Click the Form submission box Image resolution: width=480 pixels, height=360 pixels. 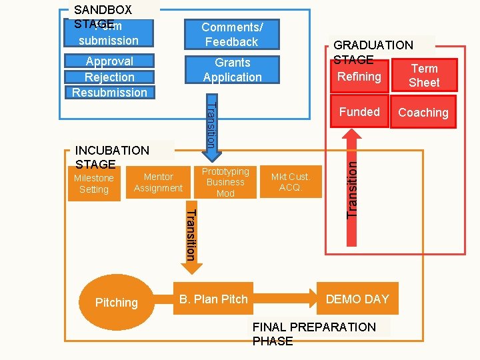click(109, 34)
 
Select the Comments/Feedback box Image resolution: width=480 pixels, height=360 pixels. click(231, 35)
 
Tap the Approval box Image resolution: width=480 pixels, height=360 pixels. click(109, 61)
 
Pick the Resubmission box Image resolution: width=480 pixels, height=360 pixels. click(109, 93)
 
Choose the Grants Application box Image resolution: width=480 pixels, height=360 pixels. click(231, 70)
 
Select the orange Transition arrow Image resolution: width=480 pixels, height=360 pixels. click(190, 233)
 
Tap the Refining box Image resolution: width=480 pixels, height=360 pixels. click(359, 77)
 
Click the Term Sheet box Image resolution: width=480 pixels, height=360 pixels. click(424, 76)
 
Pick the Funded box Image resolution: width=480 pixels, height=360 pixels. click(359, 112)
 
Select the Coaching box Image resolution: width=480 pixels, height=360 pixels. click(423, 113)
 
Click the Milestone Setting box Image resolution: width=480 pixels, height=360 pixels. click(94, 184)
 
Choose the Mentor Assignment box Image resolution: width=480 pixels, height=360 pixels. click(158, 183)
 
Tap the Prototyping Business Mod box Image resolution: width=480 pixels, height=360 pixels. click(225, 182)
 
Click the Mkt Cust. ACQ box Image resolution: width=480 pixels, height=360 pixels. click(290, 182)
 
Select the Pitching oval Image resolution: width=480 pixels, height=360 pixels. click(116, 302)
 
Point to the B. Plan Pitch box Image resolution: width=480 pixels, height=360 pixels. click(213, 299)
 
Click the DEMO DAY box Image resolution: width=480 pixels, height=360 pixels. click(357, 299)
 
